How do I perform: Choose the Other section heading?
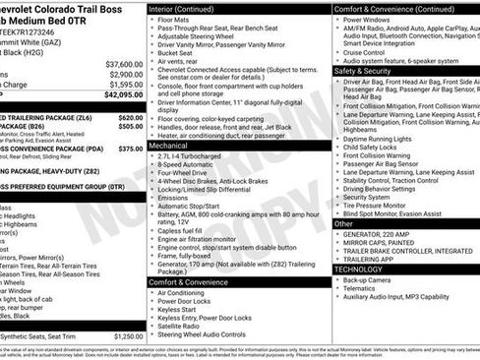344,224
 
